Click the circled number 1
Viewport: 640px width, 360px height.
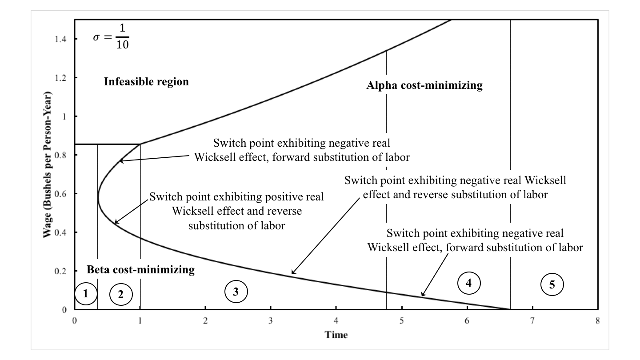click(86, 293)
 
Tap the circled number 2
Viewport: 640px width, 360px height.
click(121, 294)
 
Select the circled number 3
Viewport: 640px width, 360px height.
click(236, 292)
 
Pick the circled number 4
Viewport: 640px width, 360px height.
click(469, 283)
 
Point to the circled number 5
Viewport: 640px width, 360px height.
click(552, 284)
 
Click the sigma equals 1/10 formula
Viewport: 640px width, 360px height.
click(111, 36)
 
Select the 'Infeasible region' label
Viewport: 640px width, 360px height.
click(146, 82)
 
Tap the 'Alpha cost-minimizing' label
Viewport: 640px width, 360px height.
click(424, 85)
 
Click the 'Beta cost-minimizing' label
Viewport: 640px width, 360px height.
click(140, 269)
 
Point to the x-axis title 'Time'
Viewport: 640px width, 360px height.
click(336, 335)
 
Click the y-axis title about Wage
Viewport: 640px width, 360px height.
click(47, 164)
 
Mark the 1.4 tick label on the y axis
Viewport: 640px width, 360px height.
click(60, 39)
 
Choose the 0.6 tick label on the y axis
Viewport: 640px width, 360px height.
click(60, 194)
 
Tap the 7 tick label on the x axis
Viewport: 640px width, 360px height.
click(532, 321)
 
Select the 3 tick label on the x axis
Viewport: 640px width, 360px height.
click(271, 321)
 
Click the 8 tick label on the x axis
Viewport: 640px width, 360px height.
click(598, 321)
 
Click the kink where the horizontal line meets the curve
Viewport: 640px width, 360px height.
click(140, 144)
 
